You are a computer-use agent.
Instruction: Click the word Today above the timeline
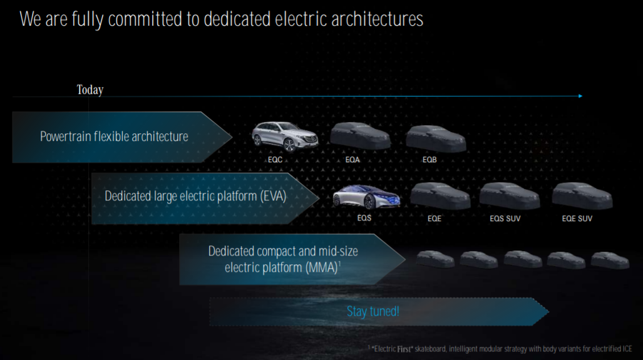point(90,90)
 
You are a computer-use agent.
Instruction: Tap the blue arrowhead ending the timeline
point(580,96)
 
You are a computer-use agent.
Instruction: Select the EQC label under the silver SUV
point(275,160)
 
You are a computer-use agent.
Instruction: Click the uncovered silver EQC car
point(285,136)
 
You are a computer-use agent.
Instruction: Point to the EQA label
point(352,160)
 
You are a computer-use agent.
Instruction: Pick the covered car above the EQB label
point(436,138)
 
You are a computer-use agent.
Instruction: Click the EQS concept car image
point(366,197)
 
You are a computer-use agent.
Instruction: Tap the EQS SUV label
point(505,219)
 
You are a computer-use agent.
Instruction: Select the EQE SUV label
point(577,219)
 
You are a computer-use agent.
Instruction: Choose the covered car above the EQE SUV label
point(582,196)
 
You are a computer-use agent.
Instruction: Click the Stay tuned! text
point(373,311)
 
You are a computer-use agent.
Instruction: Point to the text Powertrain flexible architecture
point(114,136)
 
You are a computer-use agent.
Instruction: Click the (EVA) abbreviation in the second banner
point(273,196)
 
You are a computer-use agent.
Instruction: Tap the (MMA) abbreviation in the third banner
point(322,268)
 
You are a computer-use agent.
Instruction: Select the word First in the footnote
point(403,349)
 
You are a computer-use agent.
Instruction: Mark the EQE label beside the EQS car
point(435,219)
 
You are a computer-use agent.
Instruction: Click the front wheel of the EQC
point(289,145)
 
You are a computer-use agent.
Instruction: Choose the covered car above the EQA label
point(361,136)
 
